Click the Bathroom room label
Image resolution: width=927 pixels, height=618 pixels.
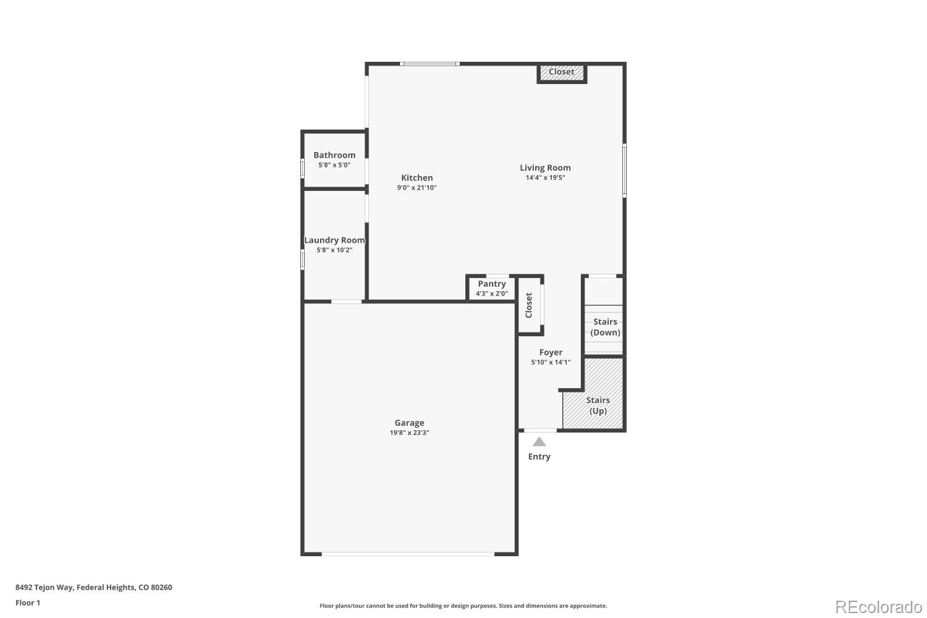334,155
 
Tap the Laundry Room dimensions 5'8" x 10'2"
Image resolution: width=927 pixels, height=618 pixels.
334,250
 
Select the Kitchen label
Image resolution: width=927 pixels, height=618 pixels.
417,178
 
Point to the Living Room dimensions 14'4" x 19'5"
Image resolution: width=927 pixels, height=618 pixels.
545,178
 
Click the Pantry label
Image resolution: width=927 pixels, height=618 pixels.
492,284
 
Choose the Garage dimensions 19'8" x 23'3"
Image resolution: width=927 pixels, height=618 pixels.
409,433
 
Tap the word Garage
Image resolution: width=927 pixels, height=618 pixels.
409,423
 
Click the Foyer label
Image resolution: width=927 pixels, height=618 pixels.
550,353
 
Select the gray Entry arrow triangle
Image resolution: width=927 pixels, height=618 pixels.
540,442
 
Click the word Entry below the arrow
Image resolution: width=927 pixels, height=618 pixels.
539,457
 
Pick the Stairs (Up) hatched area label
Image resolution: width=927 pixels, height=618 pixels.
598,405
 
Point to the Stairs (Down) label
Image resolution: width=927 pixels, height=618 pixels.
605,327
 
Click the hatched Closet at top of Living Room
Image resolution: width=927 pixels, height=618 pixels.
561,72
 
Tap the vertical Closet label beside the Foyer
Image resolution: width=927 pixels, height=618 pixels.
529,305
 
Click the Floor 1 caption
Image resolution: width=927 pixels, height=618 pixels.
28,603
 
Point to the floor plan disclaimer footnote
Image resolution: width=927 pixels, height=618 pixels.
463,606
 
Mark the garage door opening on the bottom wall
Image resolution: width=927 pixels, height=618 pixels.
408,554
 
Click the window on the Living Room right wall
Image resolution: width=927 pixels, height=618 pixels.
624,171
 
